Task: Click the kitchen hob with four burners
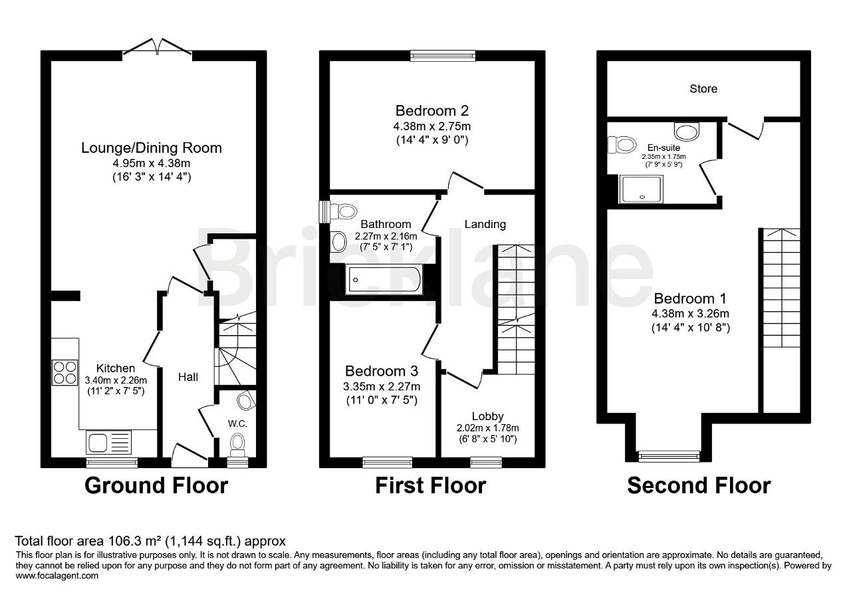click(65, 373)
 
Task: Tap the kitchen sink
click(108, 442)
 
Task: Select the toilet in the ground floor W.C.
click(238, 445)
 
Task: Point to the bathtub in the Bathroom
click(384, 280)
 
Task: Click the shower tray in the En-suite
click(642, 189)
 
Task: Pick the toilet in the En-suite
click(622, 145)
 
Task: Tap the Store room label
click(703, 89)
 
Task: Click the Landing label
click(485, 224)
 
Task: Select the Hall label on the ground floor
click(188, 377)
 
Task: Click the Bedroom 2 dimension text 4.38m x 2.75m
click(432, 126)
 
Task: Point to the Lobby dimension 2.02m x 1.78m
click(488, 428)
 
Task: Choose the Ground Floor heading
click(156, 485)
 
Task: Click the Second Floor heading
click(699, 485)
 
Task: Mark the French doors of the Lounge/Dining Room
click(157, 49)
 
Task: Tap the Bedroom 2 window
click(443, 56)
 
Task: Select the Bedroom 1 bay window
click(669, 456)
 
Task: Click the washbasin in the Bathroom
click(338, 241)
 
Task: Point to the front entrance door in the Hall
click(189, 455)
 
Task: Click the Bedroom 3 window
click(387, 462)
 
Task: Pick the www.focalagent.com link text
click(57, 576)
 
